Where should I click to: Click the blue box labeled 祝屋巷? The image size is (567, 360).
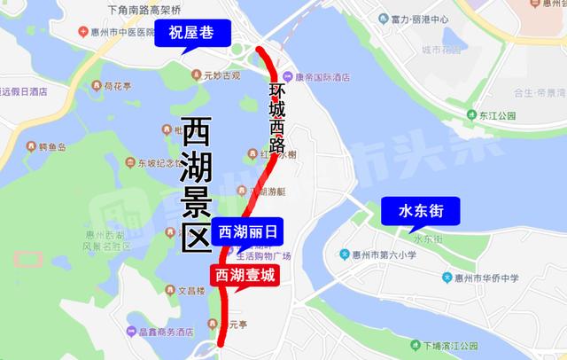[x=191, y=36]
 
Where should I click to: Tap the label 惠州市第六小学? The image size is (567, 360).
[x=382, y=255]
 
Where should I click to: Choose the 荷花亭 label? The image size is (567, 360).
[x=114, y=87]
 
